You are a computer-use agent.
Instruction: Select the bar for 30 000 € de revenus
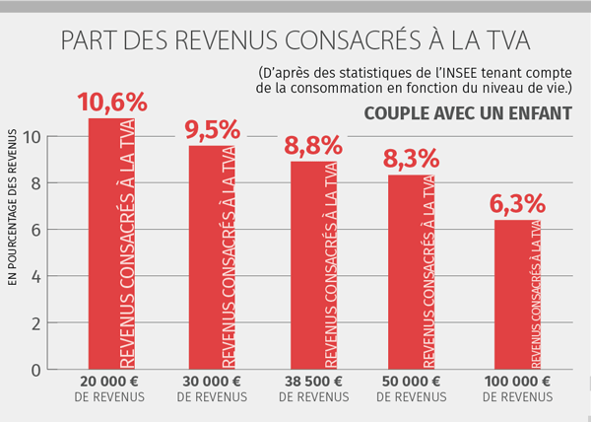(x=212, y=257)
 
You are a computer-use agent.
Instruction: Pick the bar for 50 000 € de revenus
(x=413, y=271)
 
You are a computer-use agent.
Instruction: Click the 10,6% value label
(x=111, y=102)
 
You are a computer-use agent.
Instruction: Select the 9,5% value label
(x=212, y=129)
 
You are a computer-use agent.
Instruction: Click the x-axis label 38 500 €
(x=312, y=382)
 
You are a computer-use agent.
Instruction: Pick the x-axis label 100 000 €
(x=514, y=382)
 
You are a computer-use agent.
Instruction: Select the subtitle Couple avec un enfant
(x=468, y=111)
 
